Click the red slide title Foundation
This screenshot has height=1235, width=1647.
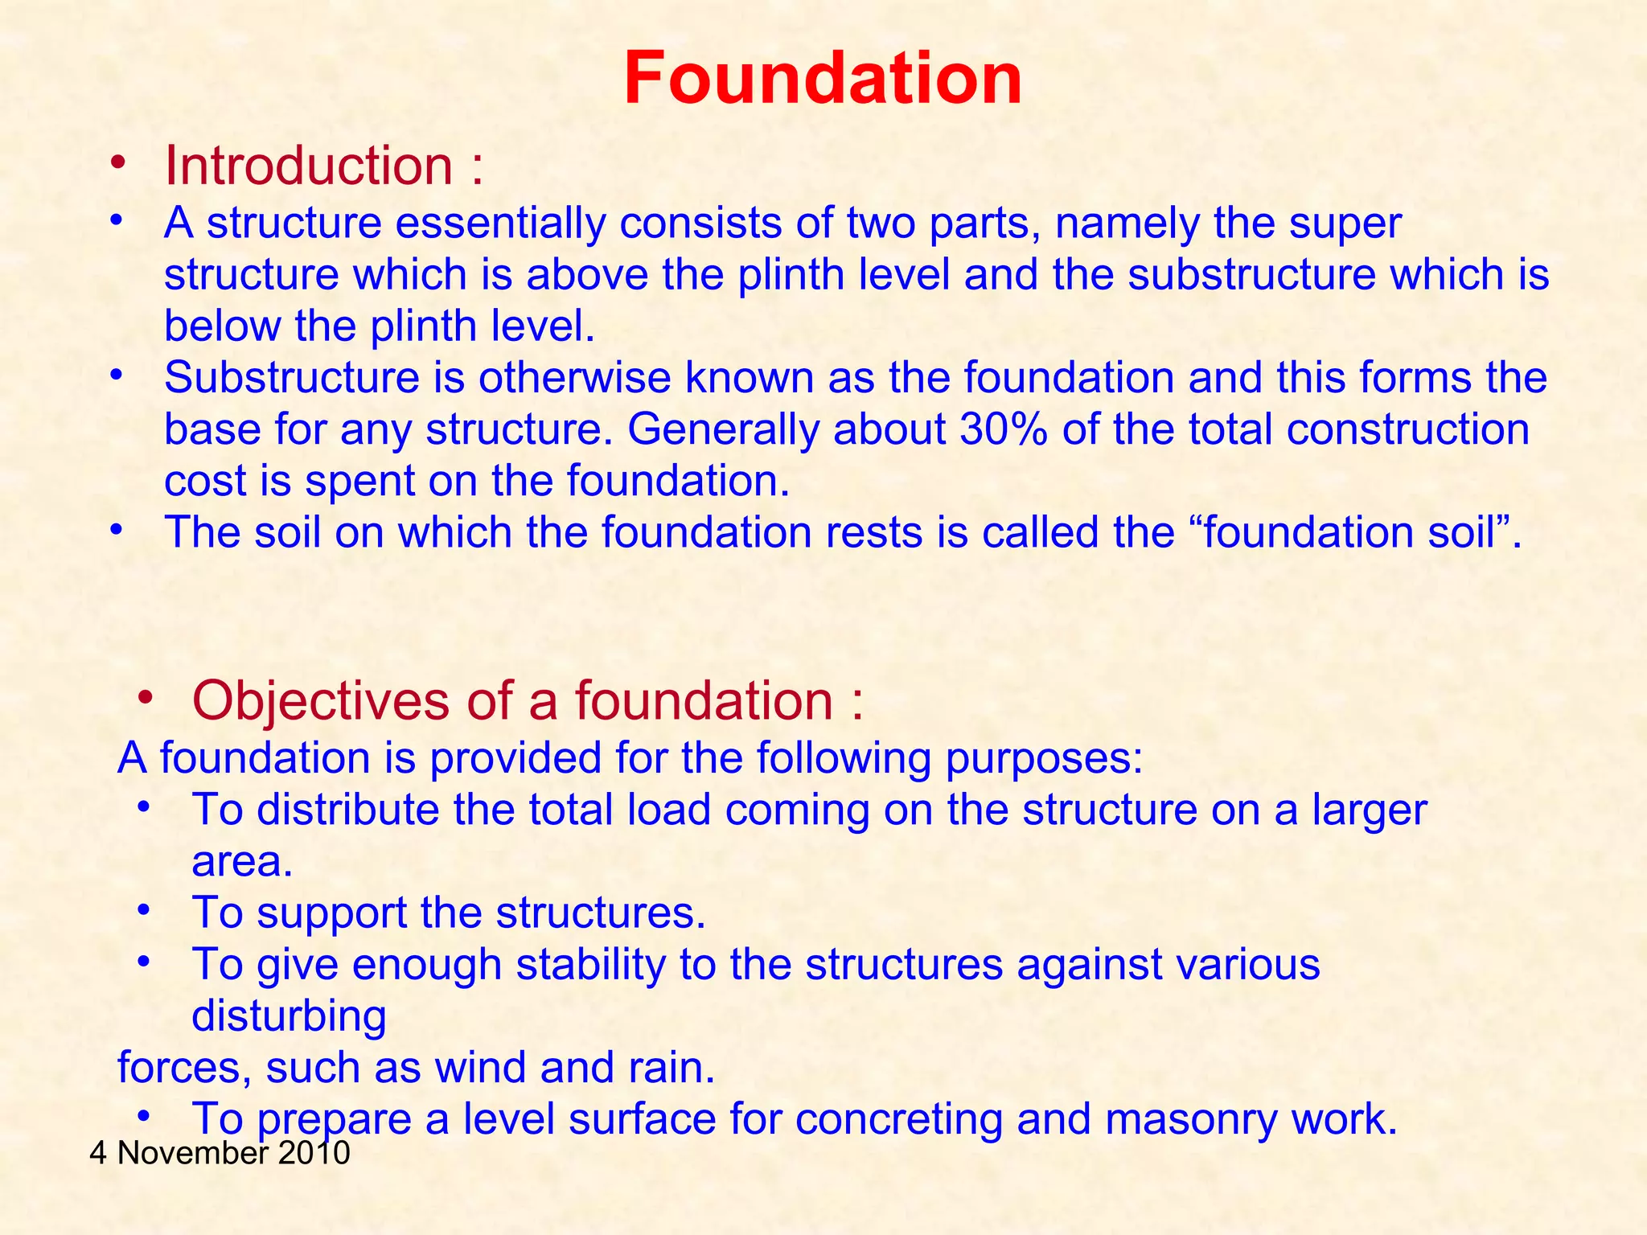(823, 79)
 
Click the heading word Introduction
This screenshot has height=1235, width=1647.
(309, 166)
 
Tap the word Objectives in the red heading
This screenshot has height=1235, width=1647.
(321, 700)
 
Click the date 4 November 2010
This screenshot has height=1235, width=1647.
(220, 1153)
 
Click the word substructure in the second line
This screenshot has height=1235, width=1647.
(1251, 274)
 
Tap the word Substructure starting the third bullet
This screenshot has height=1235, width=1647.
(292, 377)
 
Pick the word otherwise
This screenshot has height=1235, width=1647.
(574, 377)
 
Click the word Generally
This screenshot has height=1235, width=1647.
(722, 429)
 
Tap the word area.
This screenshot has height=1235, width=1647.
(242, 861)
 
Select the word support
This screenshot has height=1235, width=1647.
(331, 913)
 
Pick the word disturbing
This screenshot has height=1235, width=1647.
(289, 1015)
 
